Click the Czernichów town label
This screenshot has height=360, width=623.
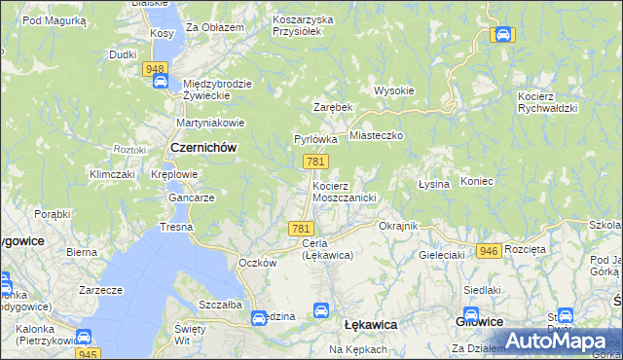(x=203, y=147)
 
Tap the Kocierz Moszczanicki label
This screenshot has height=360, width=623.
(x=344, y=191)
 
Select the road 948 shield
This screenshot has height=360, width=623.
(x=154, y=69)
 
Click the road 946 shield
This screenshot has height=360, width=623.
(x=489, y=250)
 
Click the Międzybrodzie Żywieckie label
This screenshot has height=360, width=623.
(x=217, y=90)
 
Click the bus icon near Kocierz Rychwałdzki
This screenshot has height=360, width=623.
(x=502, y=35)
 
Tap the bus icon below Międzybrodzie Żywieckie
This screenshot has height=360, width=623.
(x=160, y=83)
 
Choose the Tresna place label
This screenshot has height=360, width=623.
(x=177, y=227)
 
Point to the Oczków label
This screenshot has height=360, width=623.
(x=259, y=263)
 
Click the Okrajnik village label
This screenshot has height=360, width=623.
(x=397, y=226)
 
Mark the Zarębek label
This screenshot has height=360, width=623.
(x=332, y=106)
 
